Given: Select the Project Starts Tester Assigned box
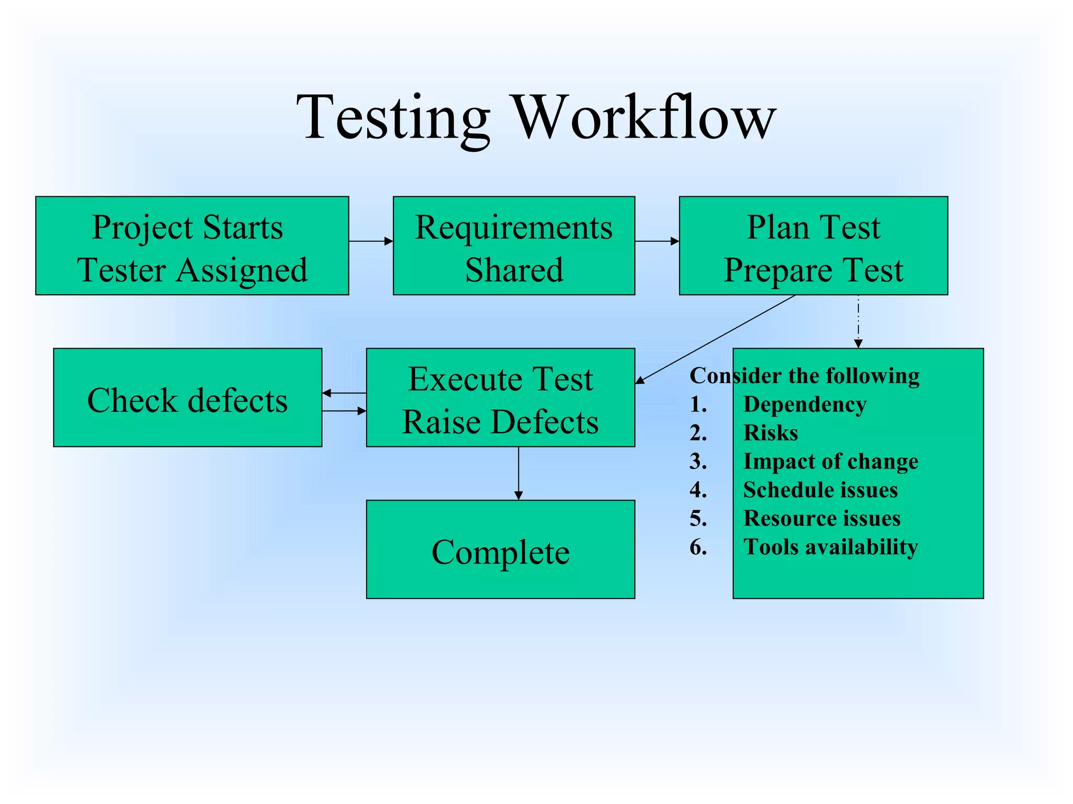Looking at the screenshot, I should [192, 246].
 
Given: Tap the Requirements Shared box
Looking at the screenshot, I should [513, 246].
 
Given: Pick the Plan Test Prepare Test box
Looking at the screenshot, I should [813, 246].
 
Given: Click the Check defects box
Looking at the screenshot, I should [188, 398].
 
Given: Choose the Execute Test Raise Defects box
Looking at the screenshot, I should [500, 398].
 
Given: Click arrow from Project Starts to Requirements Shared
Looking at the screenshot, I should [370, 241].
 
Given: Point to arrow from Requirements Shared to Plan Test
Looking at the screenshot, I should [656, 241].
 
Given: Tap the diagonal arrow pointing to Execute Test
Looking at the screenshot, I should [715, 339].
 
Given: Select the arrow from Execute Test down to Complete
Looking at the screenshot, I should [518, 473].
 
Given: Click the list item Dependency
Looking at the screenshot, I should [805, 405].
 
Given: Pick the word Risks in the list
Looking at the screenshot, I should [771, 433].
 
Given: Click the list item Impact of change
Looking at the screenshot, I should [830, 462].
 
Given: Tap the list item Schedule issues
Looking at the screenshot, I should [820, 490].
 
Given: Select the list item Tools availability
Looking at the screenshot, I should [830, 547].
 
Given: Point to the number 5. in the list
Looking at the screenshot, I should [698, 519].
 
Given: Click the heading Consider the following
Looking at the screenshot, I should [804, 376].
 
